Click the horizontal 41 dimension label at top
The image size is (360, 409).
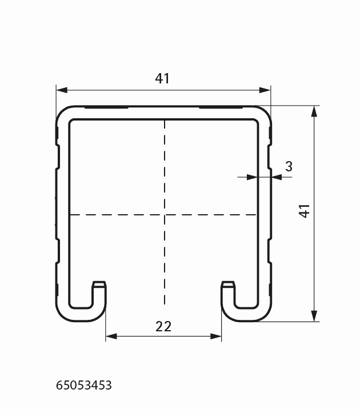pos(162,78)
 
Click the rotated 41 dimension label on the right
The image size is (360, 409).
pos(304,211)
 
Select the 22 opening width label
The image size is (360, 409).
pos(163,327)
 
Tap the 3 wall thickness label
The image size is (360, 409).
pos(289,166)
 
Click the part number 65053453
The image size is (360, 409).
pos(84,385)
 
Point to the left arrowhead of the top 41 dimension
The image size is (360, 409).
pos(62,90)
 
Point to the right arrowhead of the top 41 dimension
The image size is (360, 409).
pos(265,90)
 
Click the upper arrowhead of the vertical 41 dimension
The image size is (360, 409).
pos(314,111)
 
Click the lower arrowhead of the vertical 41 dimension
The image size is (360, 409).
pos(314,316)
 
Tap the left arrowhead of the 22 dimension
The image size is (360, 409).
pos(111,336)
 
